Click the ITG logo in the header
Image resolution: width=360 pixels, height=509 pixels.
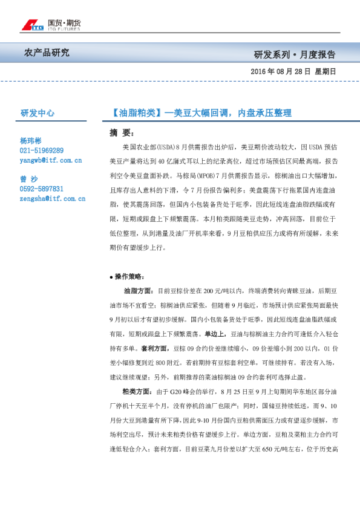(x=32, y=25)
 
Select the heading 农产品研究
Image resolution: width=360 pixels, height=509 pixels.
(x=47, y=53)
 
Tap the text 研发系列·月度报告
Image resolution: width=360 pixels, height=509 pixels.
(x=295, y=54)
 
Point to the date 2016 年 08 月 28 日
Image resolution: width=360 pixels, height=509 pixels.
(x=280, y=71)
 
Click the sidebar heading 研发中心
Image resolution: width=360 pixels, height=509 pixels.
(x=38, y=112)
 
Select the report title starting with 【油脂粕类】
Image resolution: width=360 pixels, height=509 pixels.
(x=202, y=112)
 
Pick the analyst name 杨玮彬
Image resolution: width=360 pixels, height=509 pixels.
(x=33, y=140)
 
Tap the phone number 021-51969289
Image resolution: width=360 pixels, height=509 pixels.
(x=42, y=150)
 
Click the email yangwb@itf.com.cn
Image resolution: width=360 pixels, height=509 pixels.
(x=50, y=160)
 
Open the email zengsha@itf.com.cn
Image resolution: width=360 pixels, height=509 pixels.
(x=52, y=198)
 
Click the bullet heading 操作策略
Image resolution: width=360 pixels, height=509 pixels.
(x=129, y=276)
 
